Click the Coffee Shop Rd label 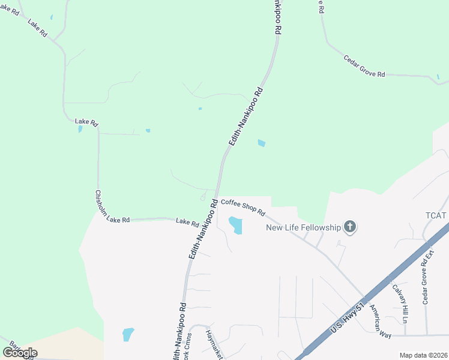click(x=243, y=208)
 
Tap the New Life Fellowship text click(x=304, y=227)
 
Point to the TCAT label click(x=436, y=215)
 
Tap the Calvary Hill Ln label click(x=400, y=303)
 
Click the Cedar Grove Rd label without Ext click(x=364, y=66)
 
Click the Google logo click(x=20, y=352)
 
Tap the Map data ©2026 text click(x=423, y=355)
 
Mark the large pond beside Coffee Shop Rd click(x=235, y=225)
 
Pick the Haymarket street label click(x=214, y=344)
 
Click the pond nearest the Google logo click(x=128, y=334)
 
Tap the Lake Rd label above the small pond click(x=86, y=122)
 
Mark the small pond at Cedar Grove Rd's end click(x=439, y=77)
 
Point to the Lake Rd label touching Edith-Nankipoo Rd click(x=187, y=223)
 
